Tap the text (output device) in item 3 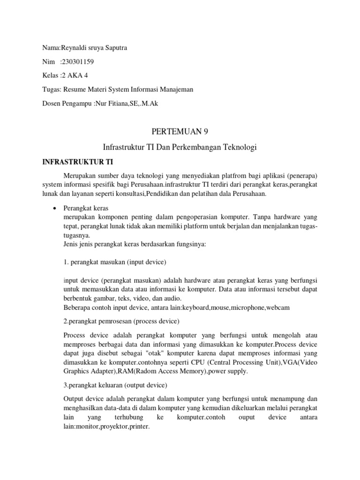[141, 385]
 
